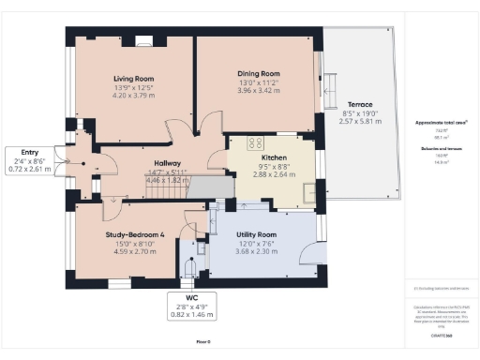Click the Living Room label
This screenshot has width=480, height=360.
coord(134,78)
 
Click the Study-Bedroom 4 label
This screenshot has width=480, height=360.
coord(125,234)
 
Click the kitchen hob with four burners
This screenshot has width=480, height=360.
coord(254,142)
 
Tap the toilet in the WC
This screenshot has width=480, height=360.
coord(190,268)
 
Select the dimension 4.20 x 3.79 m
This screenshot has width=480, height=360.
coord(134,96)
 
